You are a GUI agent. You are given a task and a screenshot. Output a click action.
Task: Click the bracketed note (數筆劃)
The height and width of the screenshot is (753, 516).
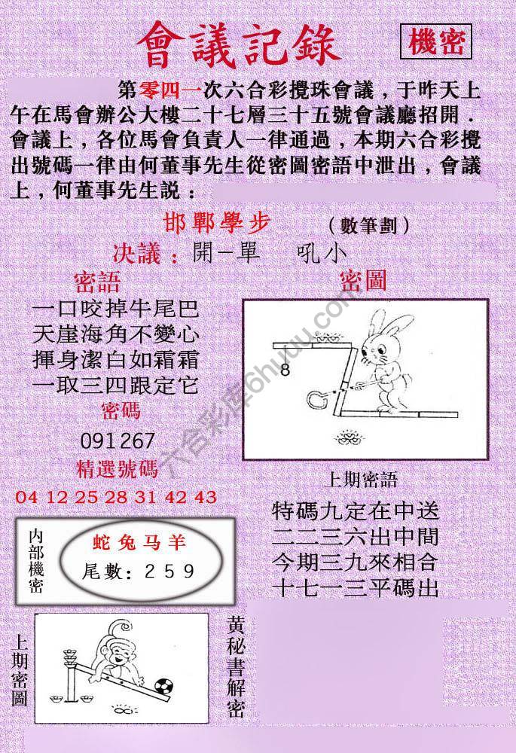(369, 225)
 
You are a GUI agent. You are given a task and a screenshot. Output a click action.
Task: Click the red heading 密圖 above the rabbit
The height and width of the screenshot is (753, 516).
(363, 282)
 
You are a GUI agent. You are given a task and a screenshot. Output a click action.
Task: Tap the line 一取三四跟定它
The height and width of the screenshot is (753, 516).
(117, 386)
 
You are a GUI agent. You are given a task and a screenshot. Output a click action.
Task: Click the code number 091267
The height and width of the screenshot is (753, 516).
(117, 441)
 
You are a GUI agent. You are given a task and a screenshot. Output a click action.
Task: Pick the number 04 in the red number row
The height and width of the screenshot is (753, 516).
(25, 497)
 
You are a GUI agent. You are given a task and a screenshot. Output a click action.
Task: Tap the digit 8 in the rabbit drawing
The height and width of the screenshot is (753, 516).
(285, 370)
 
